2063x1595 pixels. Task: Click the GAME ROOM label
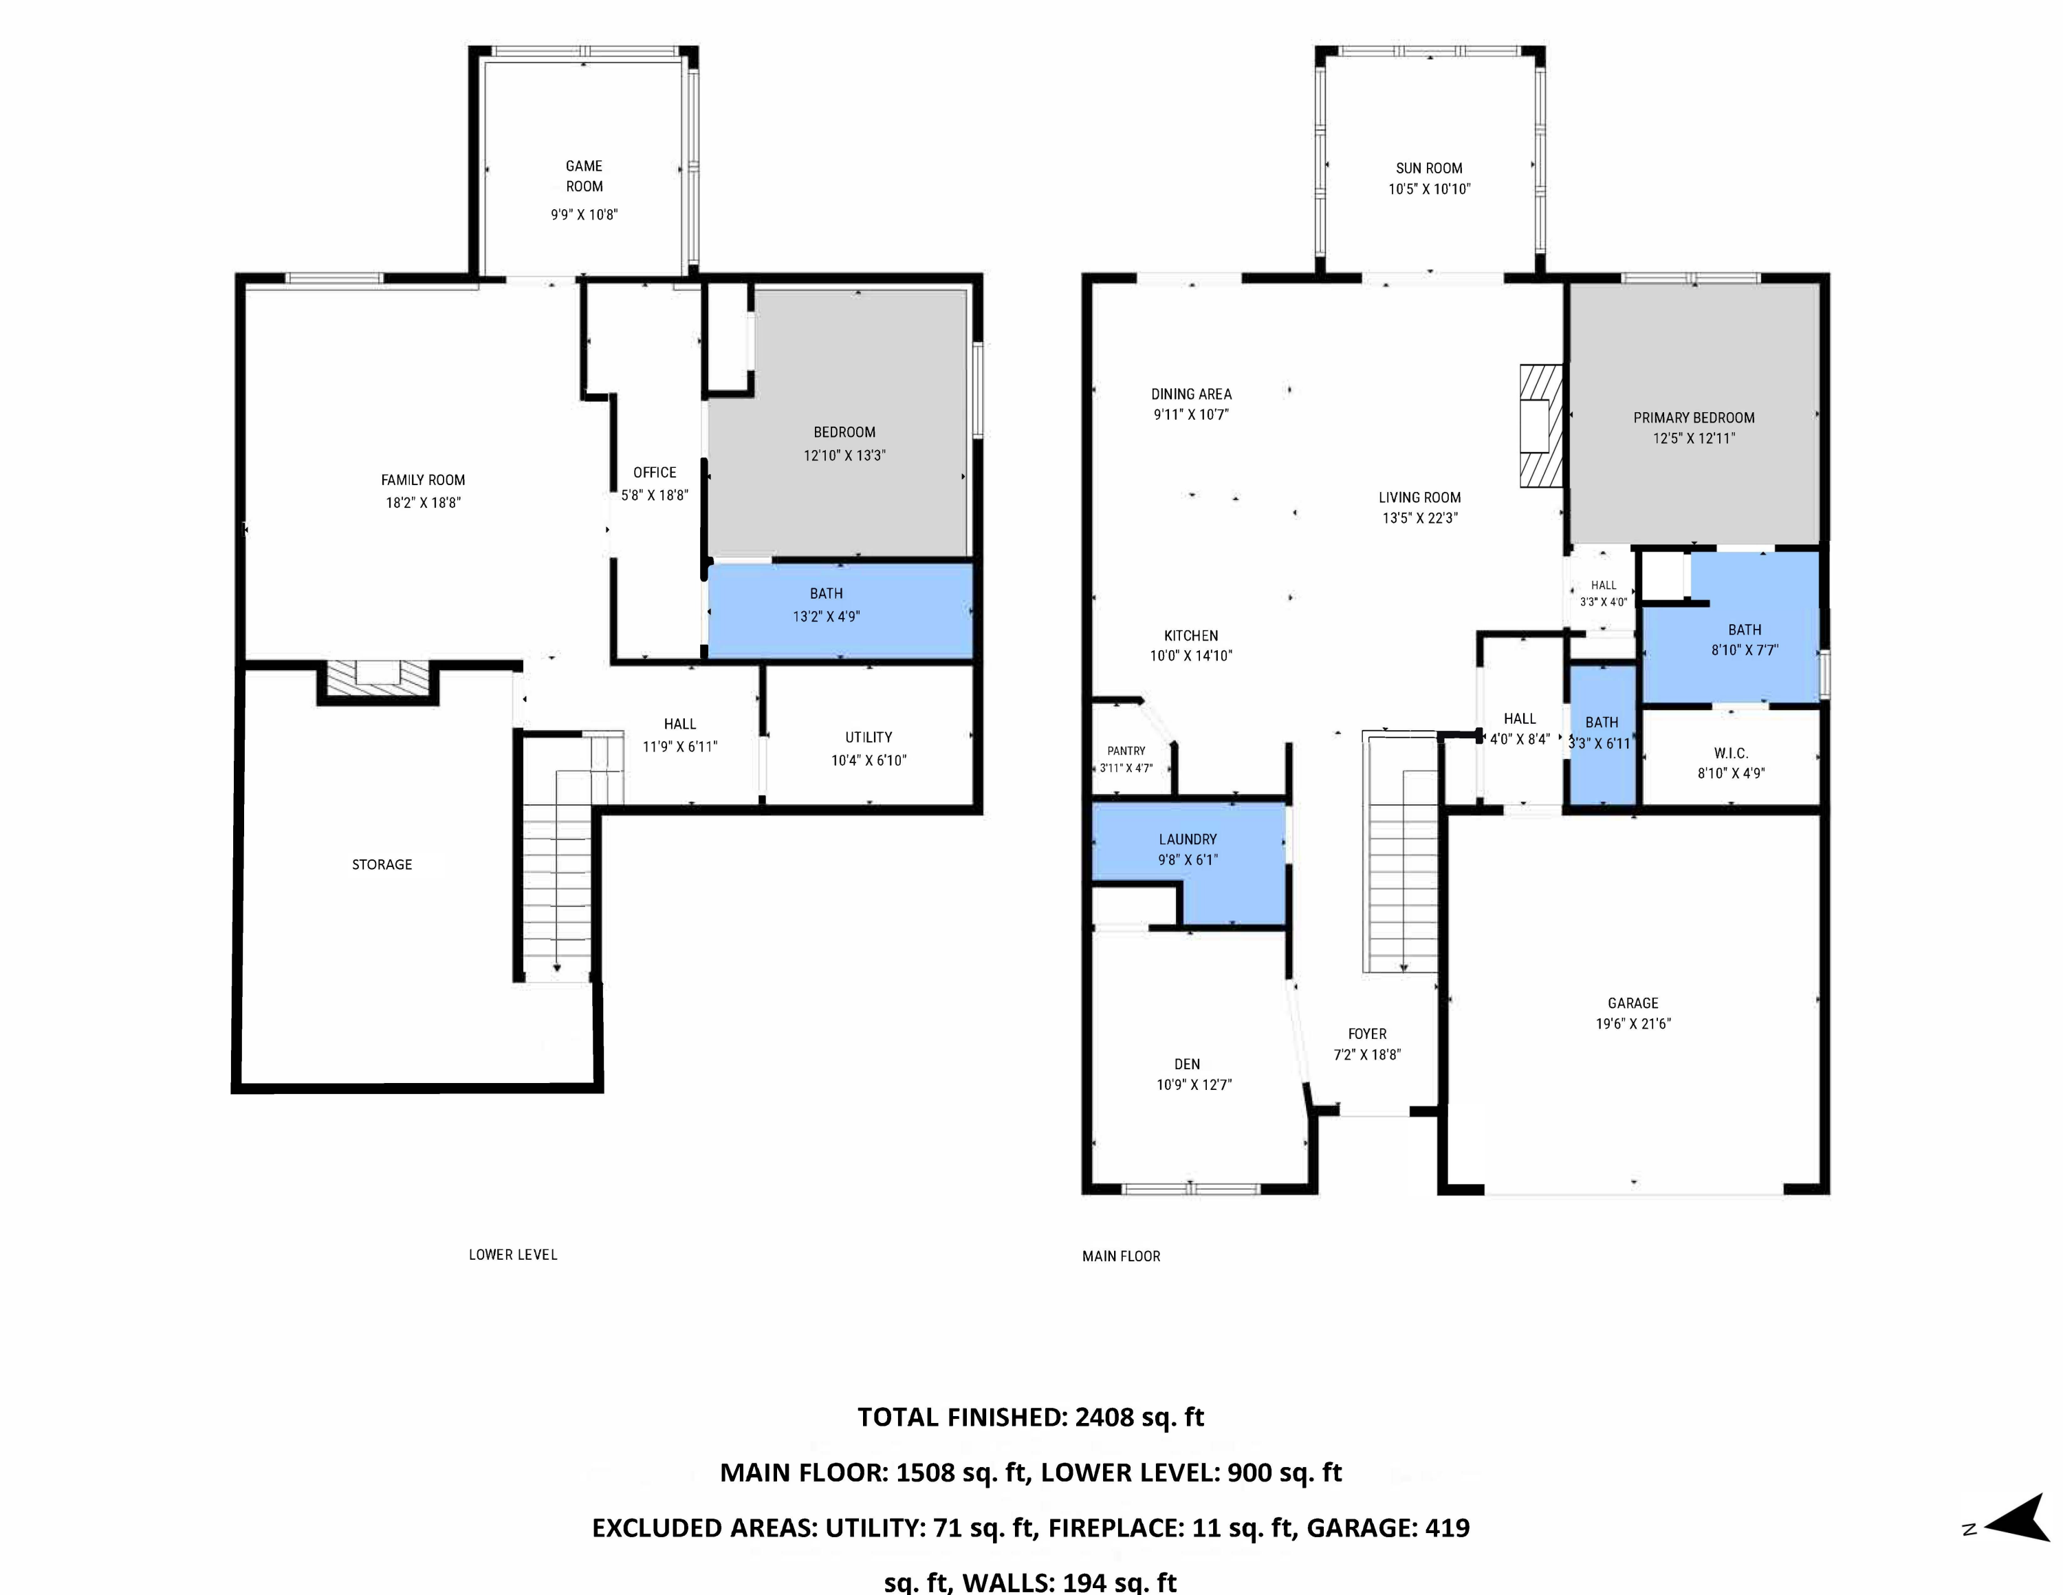pos(584,175)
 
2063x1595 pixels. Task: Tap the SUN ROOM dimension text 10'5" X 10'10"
pos(1429,189)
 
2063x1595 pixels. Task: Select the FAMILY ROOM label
pos(423,480)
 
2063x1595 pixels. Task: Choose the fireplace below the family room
pos(378,681)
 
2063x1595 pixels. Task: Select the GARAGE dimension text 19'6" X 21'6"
pos(1633,1023)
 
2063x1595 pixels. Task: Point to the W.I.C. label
pos(1730,753)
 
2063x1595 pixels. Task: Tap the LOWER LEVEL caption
pos(513,1255)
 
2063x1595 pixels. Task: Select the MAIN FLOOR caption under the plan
pos(1121,1256)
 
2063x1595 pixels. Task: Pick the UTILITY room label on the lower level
pos(868,737)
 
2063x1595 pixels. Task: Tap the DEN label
pos(1188,1064)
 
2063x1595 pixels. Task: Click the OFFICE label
pos(655,473)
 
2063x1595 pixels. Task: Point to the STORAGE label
pos(382,864)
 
